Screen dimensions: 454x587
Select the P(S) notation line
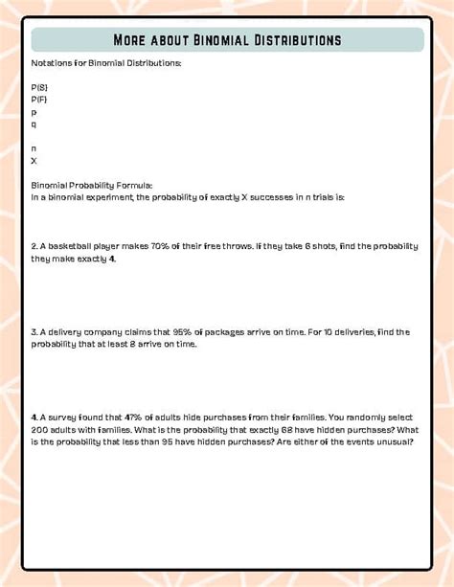39,87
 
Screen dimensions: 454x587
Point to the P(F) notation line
39,99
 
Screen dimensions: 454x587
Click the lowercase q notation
34,124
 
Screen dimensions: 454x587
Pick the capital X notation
34,160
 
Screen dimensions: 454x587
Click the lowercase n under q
34,147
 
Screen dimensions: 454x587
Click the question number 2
34,246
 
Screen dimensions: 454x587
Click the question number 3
34,332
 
